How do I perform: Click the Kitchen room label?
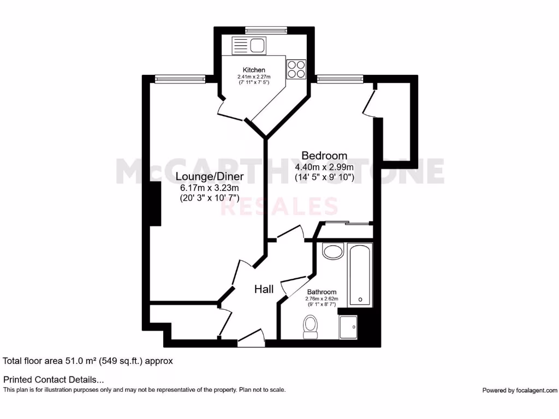coord(254,70)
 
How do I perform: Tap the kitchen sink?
coord(248,45)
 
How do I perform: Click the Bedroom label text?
coord(325,156)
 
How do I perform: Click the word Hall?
coord(264,289)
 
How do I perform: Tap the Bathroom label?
coord(322,292)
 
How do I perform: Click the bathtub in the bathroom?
coord(360,275)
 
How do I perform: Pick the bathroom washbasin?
coord(332,251)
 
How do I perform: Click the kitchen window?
coord(266,31)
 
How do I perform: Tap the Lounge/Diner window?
coord(180,79)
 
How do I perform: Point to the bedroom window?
coord(340,79)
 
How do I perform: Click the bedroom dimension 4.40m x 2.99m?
coord(325,167)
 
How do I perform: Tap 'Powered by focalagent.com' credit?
coord(520,390)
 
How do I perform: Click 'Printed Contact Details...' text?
coord(53,379)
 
